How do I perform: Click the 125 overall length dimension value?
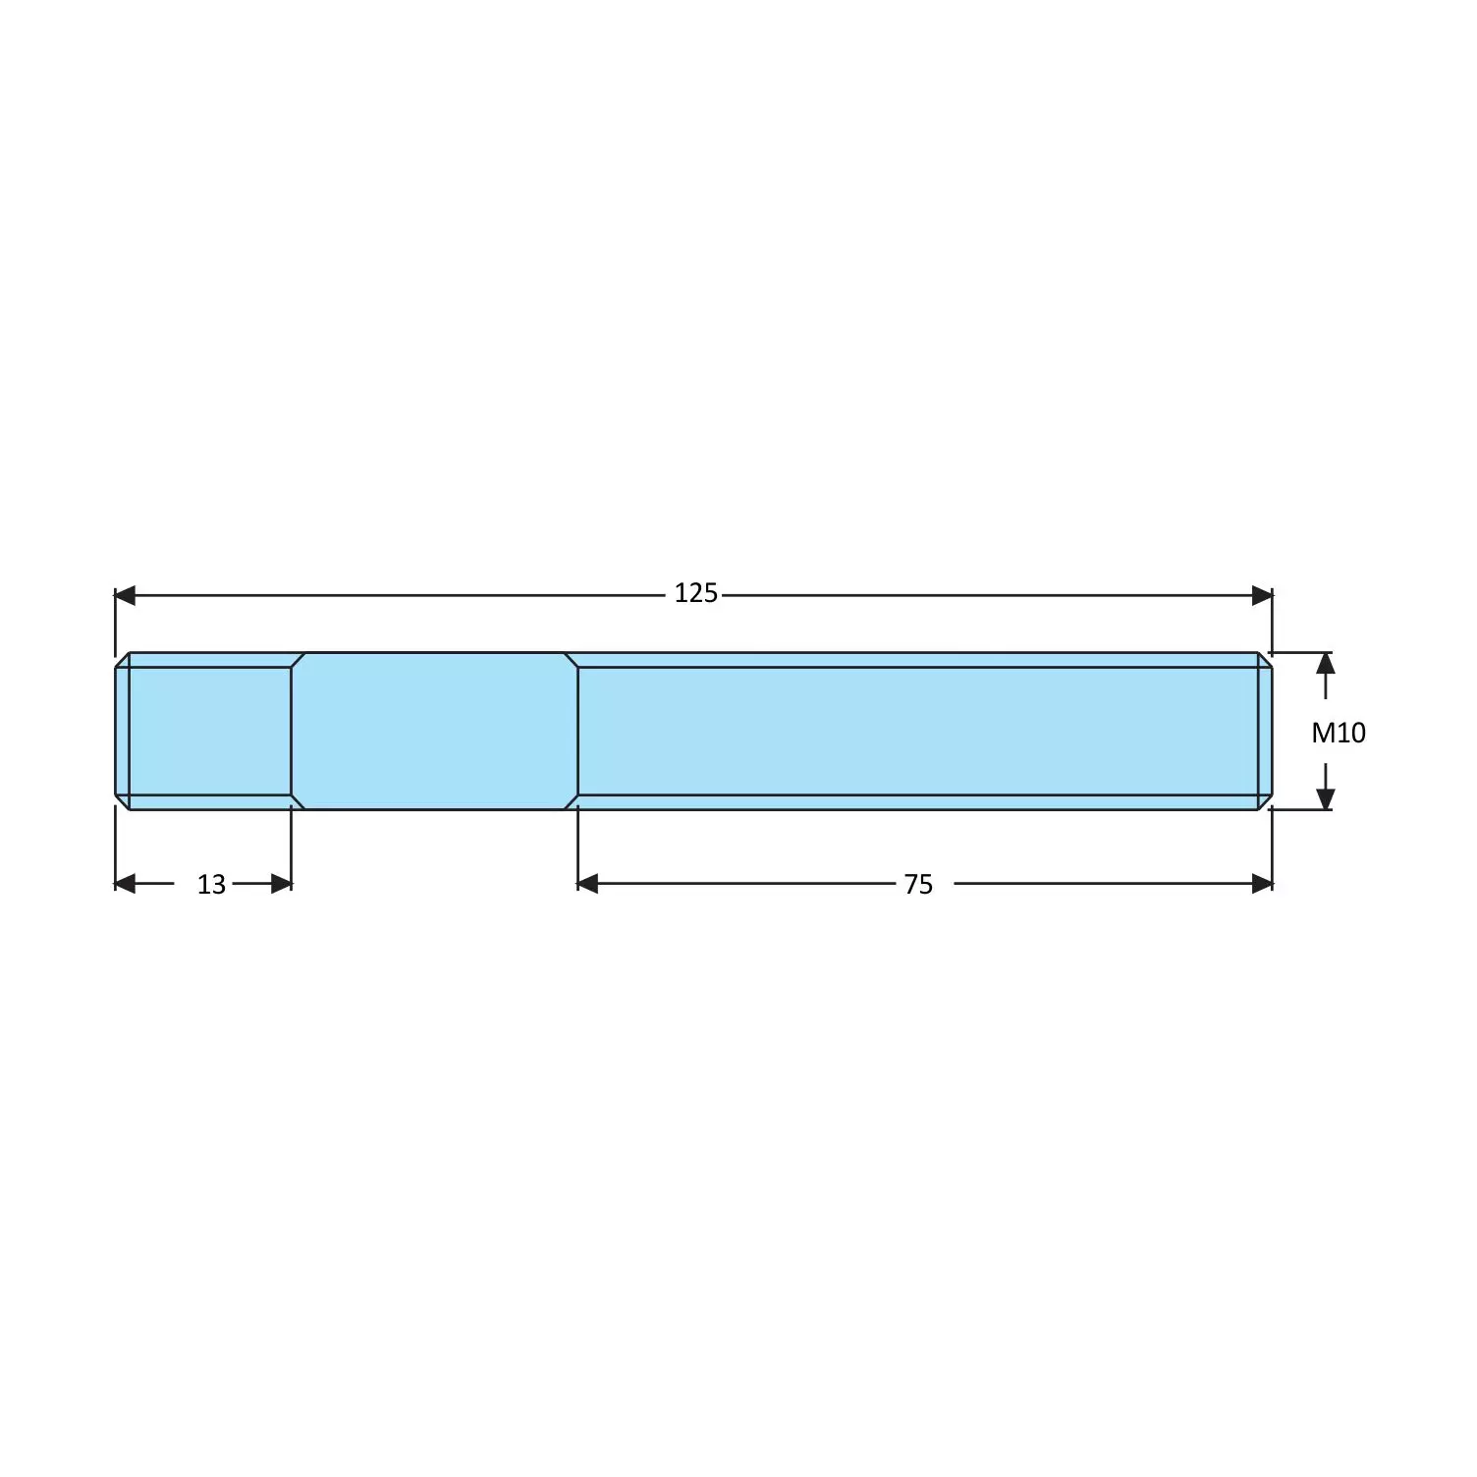point(695,594)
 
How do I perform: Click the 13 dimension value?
point(211,885)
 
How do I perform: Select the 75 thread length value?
point(918,885)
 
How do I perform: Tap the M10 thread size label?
point(1339,733)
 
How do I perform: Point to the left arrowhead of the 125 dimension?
point(125,595)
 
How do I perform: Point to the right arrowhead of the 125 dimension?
point(1262,595)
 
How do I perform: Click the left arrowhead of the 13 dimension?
point(125,884)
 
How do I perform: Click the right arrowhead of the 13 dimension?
point(282,884)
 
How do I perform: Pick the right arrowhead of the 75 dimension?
point(1262,884)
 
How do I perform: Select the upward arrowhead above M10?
point(1325,663)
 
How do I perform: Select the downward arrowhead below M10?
point(1325,799)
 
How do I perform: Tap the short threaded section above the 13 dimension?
point(210,731)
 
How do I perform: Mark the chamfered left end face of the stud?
point(122,731)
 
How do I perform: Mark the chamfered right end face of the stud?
point(1266,731)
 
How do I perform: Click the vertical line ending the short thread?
point(292,731)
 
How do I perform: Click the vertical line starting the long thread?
point(578,731)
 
